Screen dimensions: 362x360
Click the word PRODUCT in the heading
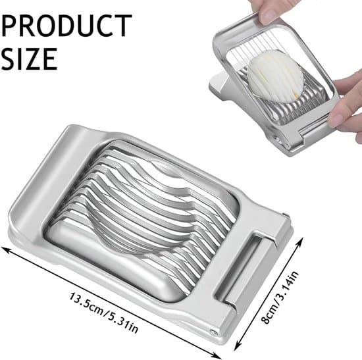point(66,26)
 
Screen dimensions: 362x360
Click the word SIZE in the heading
point(29,59)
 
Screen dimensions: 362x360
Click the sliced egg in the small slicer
point(275,76)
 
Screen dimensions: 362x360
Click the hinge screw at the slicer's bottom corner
point(213,333)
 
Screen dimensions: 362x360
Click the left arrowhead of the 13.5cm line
point(6,249)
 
